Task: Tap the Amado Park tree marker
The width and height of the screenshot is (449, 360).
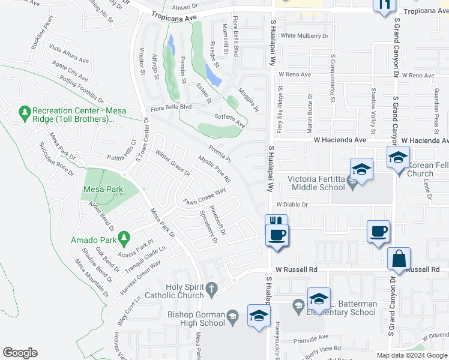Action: [124, 239]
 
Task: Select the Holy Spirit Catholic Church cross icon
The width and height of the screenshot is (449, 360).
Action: [211, 290]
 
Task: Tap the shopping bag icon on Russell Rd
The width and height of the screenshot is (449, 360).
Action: [399, 259]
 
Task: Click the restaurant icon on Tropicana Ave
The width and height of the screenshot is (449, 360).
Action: [384, 5]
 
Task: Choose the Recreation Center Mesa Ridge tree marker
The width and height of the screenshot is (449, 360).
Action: [25, 112]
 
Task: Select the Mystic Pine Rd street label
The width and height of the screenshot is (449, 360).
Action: [214, 170]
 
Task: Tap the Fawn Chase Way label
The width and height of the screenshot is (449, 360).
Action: [205, 197]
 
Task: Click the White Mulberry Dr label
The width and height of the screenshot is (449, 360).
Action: [305, 36]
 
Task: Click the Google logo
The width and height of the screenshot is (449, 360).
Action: [20, 353]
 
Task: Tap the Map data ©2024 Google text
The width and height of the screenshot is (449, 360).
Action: [411, 355]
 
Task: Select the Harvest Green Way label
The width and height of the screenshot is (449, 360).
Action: [140, 272]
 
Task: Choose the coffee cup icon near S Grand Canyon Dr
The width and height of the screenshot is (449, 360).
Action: [378, 232]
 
